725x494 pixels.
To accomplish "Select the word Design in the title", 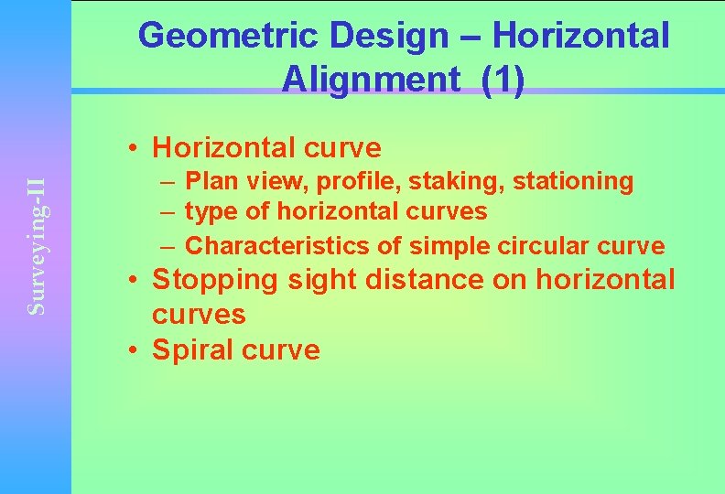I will (x=389, y=37).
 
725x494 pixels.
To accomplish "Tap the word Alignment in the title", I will (x=370, y=80).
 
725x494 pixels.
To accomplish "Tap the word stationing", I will (x=573, y=181).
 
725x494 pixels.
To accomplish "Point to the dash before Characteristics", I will (x=171, y=246).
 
